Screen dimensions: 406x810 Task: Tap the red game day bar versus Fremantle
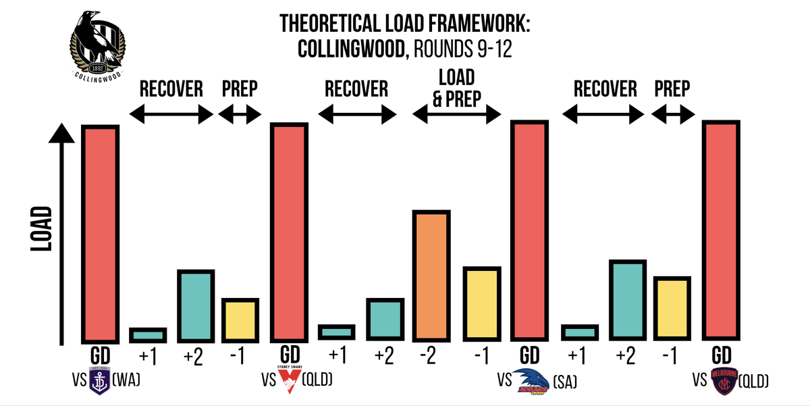pos(101,233)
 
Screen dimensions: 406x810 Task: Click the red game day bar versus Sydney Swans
pos(290,232)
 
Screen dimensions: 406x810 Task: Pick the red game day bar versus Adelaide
pos(529,230)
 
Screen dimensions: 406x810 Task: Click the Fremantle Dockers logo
pos(99,380)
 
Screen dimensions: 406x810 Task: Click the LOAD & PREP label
pos(457,88)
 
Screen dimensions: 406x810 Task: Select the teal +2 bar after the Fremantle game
pos(196,306)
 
